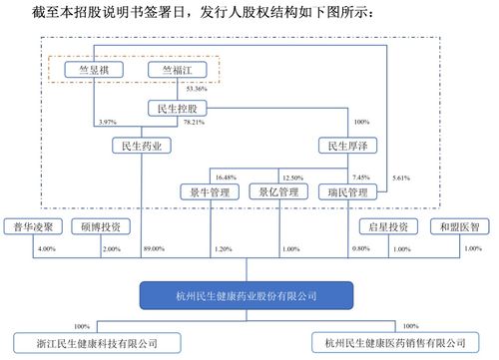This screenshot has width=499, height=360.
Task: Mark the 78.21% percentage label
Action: coord(194,122)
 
